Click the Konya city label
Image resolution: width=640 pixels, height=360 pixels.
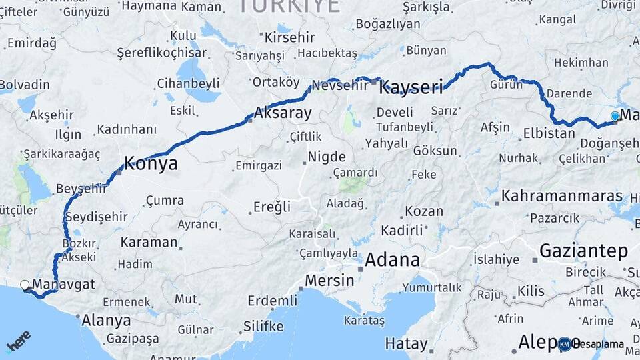[151, 164]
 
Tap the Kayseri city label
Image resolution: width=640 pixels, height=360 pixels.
[411, 87]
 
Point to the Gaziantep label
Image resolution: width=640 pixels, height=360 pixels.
[583, 251]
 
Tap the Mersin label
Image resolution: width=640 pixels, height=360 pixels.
[330, 280]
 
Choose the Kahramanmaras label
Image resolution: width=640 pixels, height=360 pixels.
[561, 197]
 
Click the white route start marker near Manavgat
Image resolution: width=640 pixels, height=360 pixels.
[25, 285]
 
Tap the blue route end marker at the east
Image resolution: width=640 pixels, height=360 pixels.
[615, 117]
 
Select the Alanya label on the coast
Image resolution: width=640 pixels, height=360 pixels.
[106, 321]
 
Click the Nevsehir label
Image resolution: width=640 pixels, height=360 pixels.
[340, 85]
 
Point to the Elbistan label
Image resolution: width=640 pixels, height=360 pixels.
[549, 133]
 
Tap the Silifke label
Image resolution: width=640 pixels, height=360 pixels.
[263, 327]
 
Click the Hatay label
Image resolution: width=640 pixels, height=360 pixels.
[406, 344]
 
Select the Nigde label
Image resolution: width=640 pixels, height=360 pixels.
[326, 157]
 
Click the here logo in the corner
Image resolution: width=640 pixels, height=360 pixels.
[18, 341]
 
